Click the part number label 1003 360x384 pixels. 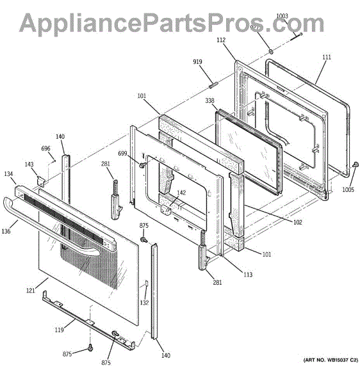[282, 16]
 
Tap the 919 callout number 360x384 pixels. [197, 61]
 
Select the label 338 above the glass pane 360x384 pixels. [209, 100]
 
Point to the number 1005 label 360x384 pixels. [348, 190]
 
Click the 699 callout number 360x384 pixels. [122, 154]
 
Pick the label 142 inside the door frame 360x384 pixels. [181, 193]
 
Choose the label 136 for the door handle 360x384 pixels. [6, 231]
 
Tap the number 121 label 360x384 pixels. [31, 291]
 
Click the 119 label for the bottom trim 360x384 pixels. [60, 330]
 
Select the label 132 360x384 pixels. [144, 303]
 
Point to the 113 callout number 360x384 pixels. [248, 275]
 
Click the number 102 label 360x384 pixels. [298, 222]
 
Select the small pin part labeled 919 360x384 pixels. [213, 86]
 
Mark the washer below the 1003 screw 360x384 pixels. [271, 51]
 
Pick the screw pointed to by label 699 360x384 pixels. [142, 165]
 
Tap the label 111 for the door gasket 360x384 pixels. [327, 57]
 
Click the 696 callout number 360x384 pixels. [45, 148]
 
